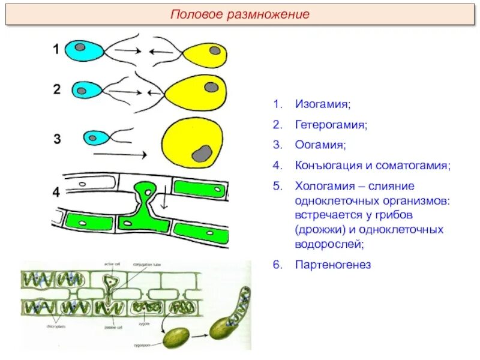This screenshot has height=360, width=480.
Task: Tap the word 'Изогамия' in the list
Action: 322,104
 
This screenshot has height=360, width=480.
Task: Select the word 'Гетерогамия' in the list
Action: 331,125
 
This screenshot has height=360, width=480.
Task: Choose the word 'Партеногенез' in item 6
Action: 333,264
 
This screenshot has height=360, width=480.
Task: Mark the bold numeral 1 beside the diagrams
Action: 56,49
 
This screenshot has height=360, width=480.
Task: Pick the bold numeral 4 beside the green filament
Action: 56,193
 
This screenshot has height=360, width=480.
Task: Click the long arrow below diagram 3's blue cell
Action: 120,155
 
